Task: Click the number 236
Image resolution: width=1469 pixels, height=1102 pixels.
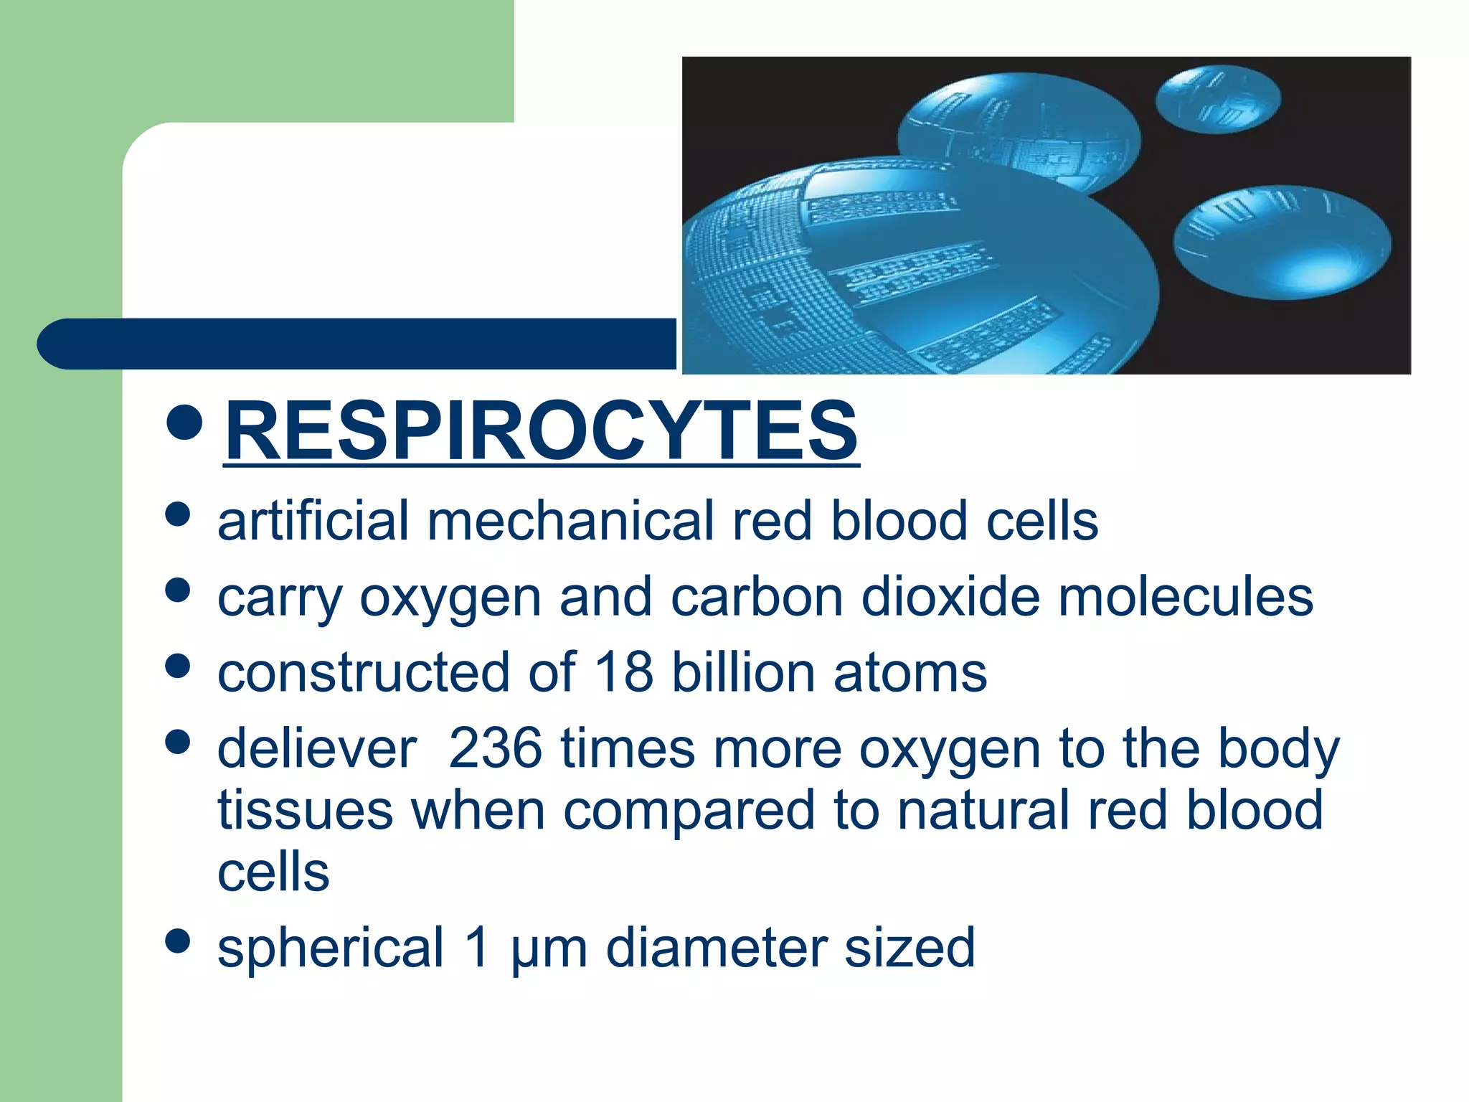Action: click(495, 748)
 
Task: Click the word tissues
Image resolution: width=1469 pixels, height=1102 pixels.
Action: click(305, 810)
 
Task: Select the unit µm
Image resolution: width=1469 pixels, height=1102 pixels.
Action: click(549, 948)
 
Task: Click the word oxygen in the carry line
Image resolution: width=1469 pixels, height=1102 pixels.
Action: click(450, 598)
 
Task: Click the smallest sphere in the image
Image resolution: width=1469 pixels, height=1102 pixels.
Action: click(1218, 99)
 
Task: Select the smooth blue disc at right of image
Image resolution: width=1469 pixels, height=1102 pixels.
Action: click(1282, 242)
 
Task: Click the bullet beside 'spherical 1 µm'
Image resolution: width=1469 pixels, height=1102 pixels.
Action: click(177, 941)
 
